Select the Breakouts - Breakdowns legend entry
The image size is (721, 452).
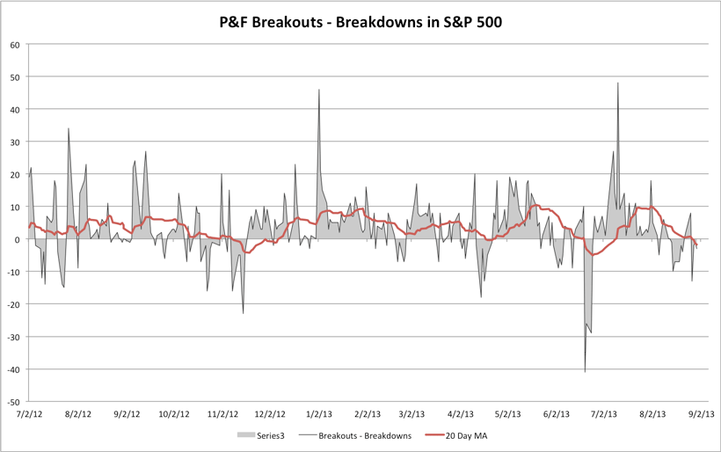tap(354, 435)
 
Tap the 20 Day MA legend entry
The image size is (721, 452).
tap(463, 435)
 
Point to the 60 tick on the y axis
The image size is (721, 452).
tap(15, 45)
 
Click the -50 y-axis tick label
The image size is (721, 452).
tap(13, 401)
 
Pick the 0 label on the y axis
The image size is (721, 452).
tap(18, 239)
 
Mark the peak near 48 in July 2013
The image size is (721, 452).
tap(618, 84)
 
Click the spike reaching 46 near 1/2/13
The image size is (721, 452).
tap(319, 90)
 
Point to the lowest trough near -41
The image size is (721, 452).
tap(585, 372)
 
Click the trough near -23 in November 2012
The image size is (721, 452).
tap(244, 313)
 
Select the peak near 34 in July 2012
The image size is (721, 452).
tap(69, 128)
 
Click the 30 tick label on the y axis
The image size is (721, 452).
tap(15, 142)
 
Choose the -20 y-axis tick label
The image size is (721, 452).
tap(13, 304)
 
